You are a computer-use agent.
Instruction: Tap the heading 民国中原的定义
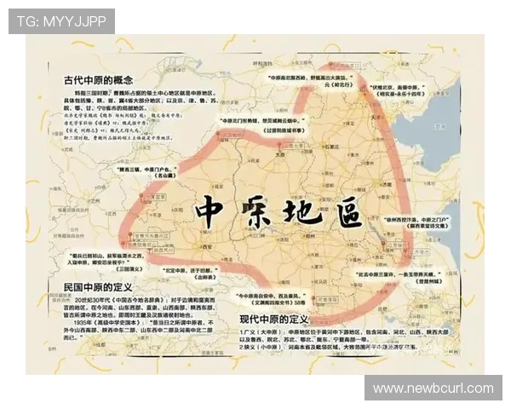(x=98, y=287)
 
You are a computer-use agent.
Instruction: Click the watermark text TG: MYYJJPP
(x=60, y=20)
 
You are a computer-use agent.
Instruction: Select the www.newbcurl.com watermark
(x=433, y=389)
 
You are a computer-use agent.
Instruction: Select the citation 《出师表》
(x=204, y=277)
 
